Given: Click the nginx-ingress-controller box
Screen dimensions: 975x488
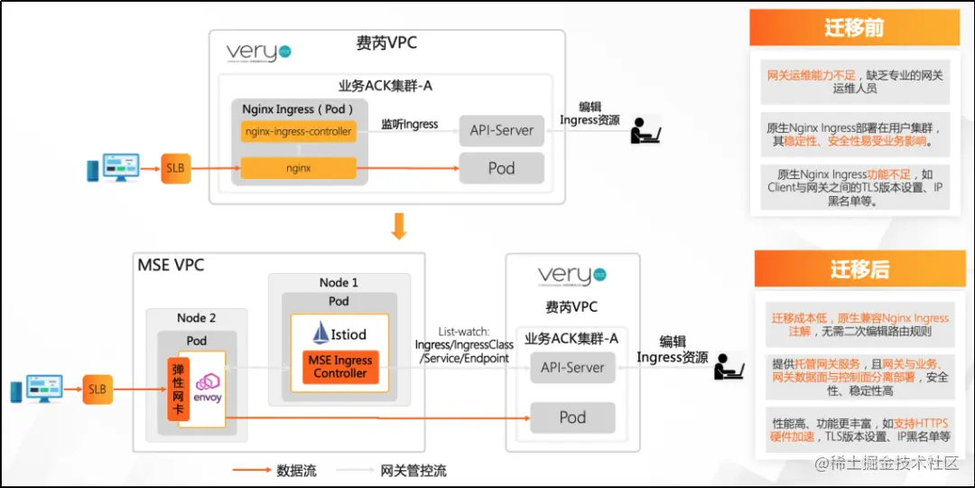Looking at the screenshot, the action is [x=299, y=131].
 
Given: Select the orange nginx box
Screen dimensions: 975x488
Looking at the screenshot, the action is [x=299, y=168].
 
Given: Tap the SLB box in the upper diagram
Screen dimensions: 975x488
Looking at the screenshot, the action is [x=176, y=168].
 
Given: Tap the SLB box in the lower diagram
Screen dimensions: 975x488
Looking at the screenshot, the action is [x=97, y=389].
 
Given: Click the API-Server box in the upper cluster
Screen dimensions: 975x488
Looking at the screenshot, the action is [x=501, y=131].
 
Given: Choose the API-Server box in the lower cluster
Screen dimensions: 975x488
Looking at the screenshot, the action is [x=572, y=368].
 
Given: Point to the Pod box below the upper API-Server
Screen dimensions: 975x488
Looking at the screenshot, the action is [x=501, y=168].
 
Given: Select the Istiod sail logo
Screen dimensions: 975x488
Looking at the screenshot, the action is [x=320, y=333].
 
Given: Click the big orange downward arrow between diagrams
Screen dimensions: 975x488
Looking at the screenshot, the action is [x=399, y=227].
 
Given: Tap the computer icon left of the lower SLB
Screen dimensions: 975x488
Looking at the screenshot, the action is [x=37, y=389].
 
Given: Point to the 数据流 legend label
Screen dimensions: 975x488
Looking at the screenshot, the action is [x=291, y=470].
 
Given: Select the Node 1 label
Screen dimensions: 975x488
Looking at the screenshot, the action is [x=339, y=283].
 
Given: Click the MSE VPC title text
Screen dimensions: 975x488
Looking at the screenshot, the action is [x=171, y=265].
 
